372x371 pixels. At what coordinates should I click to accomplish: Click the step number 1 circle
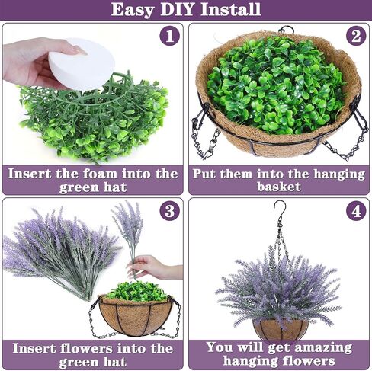[169, 36]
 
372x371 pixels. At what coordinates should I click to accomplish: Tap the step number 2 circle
[356, 36]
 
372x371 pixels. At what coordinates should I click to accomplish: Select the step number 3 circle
[169, 211]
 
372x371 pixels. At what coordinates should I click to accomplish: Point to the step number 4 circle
[356, 211]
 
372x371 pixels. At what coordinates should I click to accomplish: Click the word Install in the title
[231, 9]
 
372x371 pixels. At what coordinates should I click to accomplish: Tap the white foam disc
[82, 63]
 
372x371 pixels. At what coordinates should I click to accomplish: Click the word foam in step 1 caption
[100, 174]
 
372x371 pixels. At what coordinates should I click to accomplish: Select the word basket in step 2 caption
[279, 187]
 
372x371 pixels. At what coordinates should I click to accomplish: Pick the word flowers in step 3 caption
[86, 348]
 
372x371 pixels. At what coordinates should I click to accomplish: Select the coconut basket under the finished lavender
[281, 329]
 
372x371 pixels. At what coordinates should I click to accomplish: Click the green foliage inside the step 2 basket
[276, 85]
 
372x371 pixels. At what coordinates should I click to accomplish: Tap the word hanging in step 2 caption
[339, 174]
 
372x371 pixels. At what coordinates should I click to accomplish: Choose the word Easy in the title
[133, 10]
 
